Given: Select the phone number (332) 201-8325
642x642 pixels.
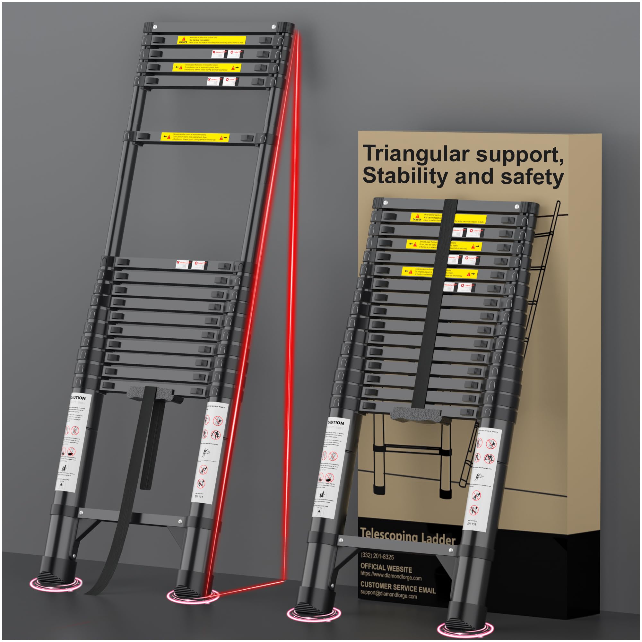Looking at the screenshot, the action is (x=377, y=556).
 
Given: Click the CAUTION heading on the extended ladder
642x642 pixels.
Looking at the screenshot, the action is (x=78, y=398).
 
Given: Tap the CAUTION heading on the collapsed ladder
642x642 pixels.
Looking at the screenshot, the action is (x=336, y=423).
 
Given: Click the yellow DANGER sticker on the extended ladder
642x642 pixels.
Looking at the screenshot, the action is (x=211, y=40).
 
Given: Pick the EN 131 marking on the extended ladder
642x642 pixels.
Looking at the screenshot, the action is (x=199, y=497).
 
